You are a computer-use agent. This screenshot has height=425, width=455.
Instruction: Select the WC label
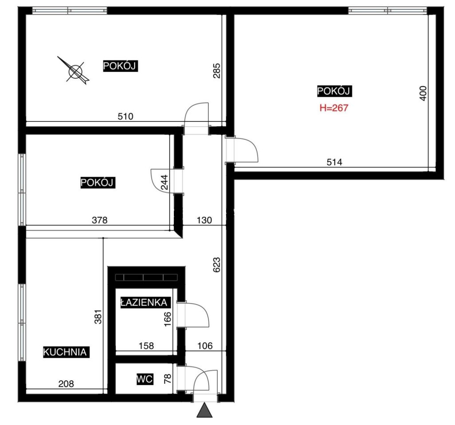coord(145,379)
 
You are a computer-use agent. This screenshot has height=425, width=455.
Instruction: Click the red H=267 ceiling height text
coord(333,108)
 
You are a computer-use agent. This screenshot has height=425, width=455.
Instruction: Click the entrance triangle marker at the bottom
coord(204,410)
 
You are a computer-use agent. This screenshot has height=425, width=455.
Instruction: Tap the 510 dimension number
coord(126,116)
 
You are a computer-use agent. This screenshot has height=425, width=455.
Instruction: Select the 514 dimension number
coord(334,162)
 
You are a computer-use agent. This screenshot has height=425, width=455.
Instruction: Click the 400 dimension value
coord(424,93)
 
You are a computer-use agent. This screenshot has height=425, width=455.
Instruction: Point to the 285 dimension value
coord(217,71)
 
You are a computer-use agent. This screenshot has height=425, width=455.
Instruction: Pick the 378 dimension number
coord(99,220)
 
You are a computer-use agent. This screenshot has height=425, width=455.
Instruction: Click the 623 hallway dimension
coord(217,264)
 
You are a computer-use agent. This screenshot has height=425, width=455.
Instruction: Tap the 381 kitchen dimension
coord(98,317)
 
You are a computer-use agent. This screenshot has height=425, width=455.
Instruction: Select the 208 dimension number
coord(66,384)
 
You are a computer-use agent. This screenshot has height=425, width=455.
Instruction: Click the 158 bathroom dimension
coord(146,346)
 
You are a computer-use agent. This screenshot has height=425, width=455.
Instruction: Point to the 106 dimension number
coord(205,346)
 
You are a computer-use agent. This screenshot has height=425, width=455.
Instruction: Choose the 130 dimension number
coord(204,220)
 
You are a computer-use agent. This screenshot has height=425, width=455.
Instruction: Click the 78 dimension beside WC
coord(168,379)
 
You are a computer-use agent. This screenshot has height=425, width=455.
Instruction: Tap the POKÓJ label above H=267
coord(334,91)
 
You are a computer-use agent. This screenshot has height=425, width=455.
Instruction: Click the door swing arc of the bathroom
coord(203,310)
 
